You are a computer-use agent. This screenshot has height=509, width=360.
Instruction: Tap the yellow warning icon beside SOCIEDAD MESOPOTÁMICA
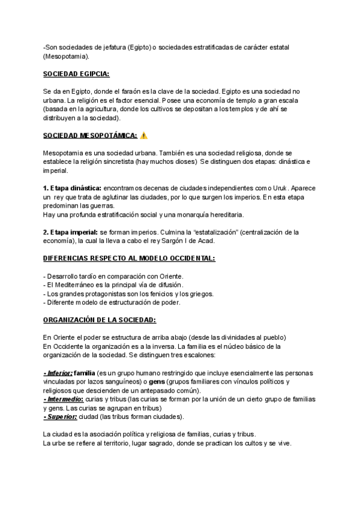(143, 136)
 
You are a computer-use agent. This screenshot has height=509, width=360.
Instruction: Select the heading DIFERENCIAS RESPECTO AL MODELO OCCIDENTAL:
(129, 258)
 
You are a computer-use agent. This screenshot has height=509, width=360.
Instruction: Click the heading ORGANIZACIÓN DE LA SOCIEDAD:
(100, 319)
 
